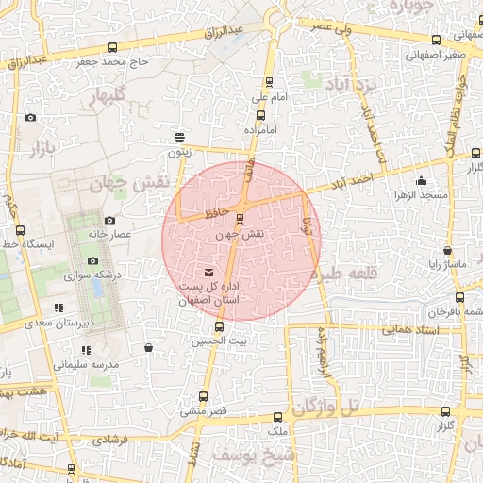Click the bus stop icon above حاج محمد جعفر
pos(113,47)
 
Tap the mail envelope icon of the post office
pos(208,273)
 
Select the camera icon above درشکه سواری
pos(92,261)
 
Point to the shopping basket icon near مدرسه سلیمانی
pos(148,347)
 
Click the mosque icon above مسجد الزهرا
pos(420,180)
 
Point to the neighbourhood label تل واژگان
pos(326,408)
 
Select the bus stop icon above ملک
pos(276,417)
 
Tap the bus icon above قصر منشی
pos(203,397)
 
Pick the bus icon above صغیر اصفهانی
pos(435,40)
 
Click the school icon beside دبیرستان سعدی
pos(59,308)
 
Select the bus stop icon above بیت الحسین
pos(220,326)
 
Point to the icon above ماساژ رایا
pos(446,251)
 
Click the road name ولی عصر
pos(335,29)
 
